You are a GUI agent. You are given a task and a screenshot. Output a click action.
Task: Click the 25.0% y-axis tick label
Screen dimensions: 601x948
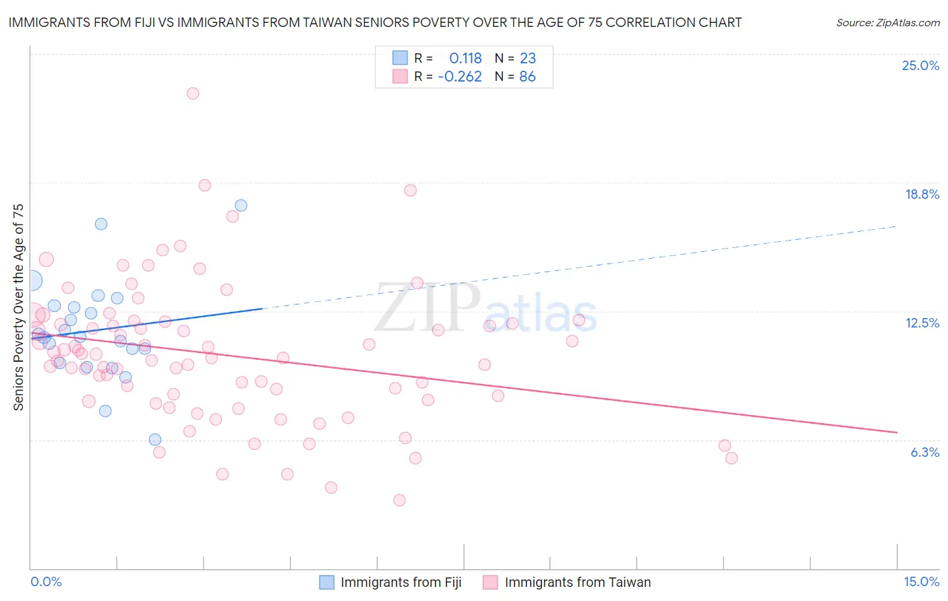(x=920, y=65)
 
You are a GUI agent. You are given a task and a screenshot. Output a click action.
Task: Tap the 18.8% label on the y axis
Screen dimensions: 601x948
(x=922, y=194)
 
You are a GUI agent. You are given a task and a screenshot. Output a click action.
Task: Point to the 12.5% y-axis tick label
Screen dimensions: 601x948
(x=922, y=323)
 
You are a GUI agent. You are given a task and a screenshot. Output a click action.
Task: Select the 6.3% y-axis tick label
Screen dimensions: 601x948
(x=924, y=452)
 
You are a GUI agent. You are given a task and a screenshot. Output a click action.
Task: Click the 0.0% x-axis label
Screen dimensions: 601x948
(x=46, y=581)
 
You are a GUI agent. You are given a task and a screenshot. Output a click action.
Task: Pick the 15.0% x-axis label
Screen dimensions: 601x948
(x=921, y=581)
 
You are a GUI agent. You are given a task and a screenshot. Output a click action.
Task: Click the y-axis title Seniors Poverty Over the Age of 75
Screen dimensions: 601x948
(x=18, y=307)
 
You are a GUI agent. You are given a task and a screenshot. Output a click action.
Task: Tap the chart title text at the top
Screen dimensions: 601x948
(x=375, y=22)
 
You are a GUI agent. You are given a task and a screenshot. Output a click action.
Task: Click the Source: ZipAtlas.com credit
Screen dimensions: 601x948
(x=887, y=22)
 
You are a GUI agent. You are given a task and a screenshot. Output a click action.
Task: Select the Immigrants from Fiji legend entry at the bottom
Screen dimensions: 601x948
(x=401, y=582)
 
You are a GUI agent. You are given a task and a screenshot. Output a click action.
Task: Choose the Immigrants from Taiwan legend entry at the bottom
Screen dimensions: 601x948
(x=577, y=582)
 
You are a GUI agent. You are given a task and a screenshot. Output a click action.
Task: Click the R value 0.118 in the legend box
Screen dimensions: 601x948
(x=465, y=58)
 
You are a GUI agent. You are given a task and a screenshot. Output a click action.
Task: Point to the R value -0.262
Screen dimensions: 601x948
(x=460, y=77)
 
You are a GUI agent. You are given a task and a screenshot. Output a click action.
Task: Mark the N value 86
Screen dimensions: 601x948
(x=527, y=77)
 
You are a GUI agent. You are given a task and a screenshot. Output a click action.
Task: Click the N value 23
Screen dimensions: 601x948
(x=527, y=58)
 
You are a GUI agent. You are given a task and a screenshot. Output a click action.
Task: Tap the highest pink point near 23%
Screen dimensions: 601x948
(x=193, y=94)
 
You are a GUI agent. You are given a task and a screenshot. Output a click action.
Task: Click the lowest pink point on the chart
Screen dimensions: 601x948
(x=399, y=500)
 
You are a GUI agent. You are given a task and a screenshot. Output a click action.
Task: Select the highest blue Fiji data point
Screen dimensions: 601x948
(x=241, y=205)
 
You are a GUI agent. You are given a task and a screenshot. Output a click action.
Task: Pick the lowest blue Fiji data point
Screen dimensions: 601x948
(x=155, y=440)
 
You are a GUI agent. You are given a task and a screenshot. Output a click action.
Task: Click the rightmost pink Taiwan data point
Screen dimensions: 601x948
(x=732, y=458)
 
